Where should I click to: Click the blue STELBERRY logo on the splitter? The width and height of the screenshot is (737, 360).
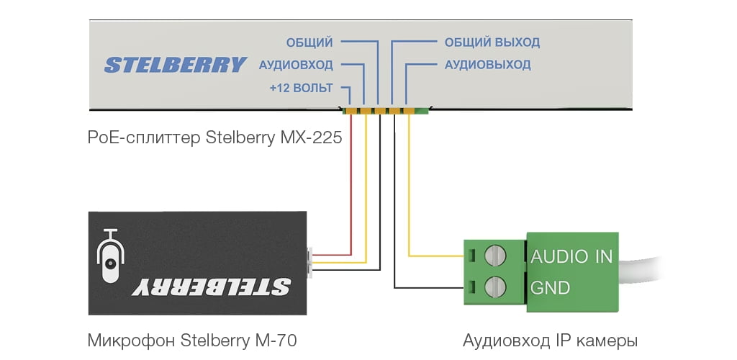coord(175,65)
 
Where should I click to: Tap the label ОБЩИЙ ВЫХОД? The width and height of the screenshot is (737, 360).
coord(492,42)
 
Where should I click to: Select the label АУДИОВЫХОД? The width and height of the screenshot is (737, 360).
coord(487,65)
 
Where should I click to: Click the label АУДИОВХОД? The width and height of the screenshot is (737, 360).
coord(295,65)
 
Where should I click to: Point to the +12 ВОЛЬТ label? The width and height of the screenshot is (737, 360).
coord(301,89)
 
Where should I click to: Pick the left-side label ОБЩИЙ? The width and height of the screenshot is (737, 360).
coord(309,42)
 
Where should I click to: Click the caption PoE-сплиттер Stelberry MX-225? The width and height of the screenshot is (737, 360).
coord(214,137)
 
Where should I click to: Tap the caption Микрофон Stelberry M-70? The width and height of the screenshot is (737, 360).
coord(191,339)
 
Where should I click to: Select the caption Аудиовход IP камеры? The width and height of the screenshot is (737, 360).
coord(550,339)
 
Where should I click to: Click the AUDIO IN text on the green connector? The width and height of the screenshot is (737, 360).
coord(571,256)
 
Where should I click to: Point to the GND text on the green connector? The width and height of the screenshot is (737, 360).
coord(551,288)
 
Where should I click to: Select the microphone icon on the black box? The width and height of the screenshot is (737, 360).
coord(110,259)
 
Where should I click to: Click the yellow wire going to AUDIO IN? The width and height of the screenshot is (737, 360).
coord(409,194)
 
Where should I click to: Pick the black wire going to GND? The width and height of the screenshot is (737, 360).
coord(394,216)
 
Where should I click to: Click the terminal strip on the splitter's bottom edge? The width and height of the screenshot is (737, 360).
coord(385,111)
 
